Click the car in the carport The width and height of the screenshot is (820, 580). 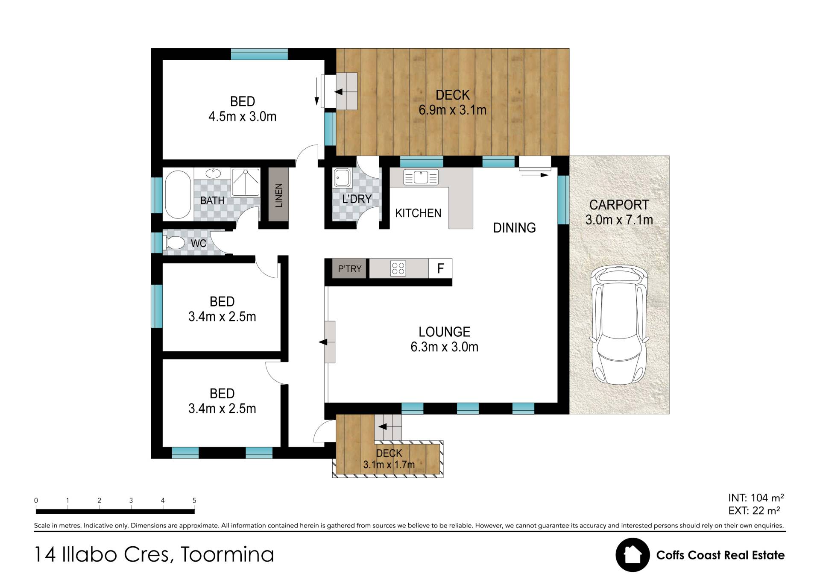[618, 325]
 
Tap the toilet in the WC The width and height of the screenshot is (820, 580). [174, 243]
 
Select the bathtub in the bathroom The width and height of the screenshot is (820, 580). [178, 195]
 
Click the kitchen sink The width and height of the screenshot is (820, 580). [421, 177]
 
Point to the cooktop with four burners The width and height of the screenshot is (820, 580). [398, 269]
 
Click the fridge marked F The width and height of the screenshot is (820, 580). [440, 268]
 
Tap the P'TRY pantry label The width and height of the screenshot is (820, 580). [350, 269]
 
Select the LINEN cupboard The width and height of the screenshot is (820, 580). [278, 195]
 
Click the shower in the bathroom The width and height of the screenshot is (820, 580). [246, 182]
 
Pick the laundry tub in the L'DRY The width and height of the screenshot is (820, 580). [343, 177]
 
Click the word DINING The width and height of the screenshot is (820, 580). [514, 228]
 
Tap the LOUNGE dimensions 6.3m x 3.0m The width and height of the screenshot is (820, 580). [444, 347]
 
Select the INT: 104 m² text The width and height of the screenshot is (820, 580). [756, 498]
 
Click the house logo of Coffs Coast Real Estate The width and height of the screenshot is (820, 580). [633, 555]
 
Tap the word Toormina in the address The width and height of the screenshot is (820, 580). [227, 554]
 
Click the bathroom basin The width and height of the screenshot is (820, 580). [213, 173]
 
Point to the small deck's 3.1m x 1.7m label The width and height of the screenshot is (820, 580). [389, 464]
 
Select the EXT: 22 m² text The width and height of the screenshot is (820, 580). [754, 510]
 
